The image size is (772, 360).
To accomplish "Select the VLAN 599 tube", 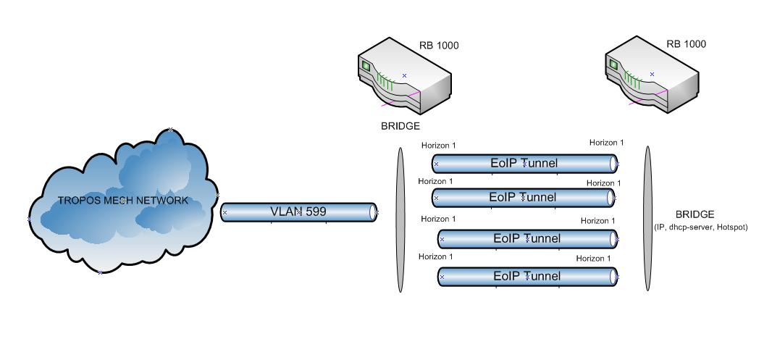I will [298, 212].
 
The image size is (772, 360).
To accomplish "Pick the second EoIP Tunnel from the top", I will [523, 197].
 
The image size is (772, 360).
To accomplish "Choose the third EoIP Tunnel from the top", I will [527, 238].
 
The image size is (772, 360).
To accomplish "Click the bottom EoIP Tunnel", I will [527, 276].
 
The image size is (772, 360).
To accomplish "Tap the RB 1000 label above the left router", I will [439, 46].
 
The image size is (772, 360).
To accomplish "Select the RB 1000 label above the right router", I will [686, 44].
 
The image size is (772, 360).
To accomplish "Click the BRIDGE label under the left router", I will [400, 126].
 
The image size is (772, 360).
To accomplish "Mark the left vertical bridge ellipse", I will [400, 219].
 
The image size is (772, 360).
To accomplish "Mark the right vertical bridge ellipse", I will [648, 218].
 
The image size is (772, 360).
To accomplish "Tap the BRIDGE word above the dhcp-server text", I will [695, 214].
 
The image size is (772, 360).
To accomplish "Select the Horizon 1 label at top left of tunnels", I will [439, 146].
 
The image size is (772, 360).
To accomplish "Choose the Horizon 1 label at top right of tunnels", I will [606, 143].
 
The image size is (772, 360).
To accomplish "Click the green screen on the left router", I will [366, 67].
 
